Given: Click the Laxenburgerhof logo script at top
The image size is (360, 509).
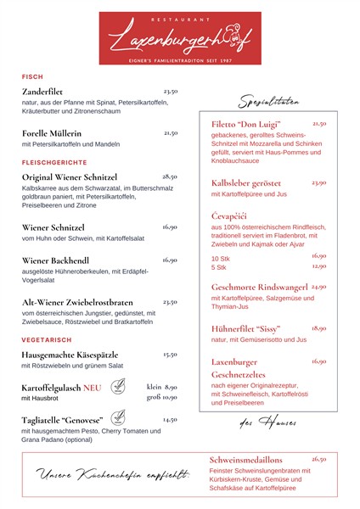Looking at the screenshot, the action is coord(180,36).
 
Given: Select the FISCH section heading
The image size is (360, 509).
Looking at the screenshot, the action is coord(32,76).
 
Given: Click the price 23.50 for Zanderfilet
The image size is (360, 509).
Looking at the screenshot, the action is coord(170,91).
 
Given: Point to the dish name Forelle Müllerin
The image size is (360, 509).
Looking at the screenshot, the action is coord(52,133).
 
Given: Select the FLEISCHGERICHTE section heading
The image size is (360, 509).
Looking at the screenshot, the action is coord(54,161).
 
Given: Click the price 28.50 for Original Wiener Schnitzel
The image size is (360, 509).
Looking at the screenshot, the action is coord(170,176).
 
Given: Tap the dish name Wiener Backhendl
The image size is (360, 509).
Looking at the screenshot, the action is coord(55,260).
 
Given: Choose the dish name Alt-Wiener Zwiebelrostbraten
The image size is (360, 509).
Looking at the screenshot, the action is coord(77,302).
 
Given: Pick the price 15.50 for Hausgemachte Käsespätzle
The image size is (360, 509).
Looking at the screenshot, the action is coord(170,355).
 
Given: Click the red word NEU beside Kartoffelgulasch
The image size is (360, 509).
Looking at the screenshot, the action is coord(93,387).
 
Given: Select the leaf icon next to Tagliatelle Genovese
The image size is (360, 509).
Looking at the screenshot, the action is coord(118,418).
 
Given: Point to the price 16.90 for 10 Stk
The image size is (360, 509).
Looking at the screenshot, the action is coord(318,255).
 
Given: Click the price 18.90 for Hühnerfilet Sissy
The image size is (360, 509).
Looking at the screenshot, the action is coord(318,327).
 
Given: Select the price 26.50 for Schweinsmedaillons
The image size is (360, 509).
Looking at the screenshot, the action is coord(318,459).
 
